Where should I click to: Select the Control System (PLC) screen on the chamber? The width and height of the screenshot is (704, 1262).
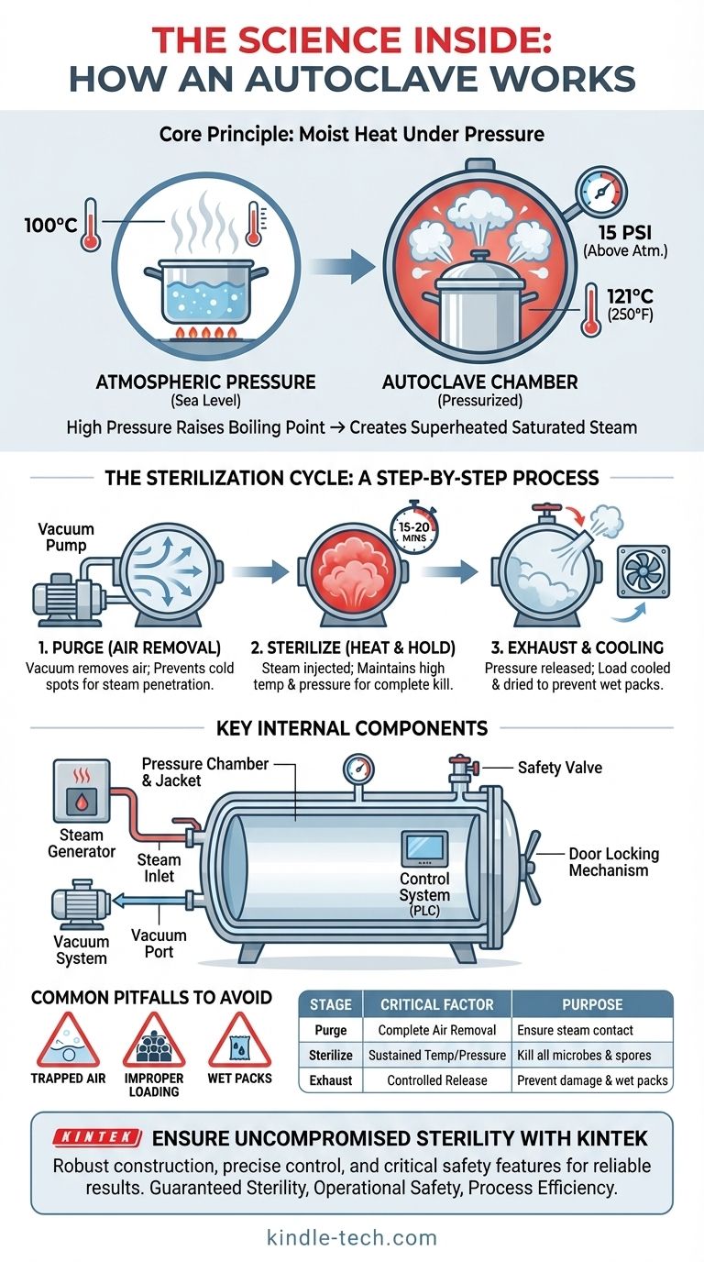[x=425, y=847]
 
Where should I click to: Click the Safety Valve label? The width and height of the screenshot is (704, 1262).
[x=560, y=767]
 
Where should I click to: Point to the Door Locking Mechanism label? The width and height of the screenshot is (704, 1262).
[x=613, y=861]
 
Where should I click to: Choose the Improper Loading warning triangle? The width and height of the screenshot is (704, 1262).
[x=154, y=1042]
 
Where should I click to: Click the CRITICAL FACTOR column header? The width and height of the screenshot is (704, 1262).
[x=436, y=1004]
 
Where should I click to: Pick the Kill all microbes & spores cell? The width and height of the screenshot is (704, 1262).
[x=592, y=1055]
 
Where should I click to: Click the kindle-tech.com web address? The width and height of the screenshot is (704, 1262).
[x=352, y=1237]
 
